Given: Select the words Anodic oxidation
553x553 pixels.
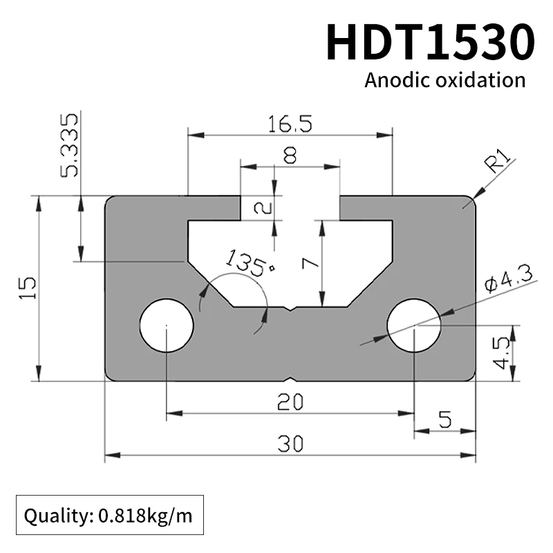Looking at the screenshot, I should [444, 80].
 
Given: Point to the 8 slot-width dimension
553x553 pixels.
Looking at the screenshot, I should [290, 156].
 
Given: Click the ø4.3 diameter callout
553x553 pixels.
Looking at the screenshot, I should [507, 280].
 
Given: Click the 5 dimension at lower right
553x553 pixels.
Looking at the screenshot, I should [444, 419].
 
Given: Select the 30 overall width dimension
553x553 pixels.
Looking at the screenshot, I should [290, 444].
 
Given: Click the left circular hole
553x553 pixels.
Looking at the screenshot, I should [167, 325].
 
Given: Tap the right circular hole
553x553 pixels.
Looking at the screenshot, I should [413, 325].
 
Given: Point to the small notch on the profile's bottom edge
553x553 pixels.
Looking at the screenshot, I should [290, 379].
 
